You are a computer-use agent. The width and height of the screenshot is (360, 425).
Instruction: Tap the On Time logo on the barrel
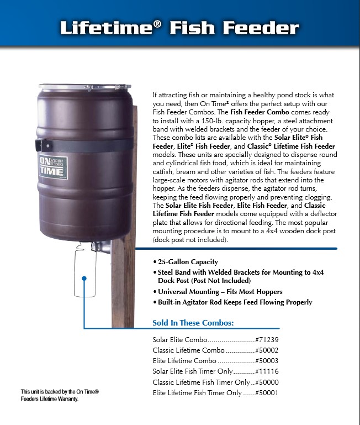pyautogui.click(x=52, y=167)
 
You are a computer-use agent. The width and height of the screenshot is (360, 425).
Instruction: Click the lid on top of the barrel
pyautogui.click(x=84, y=87)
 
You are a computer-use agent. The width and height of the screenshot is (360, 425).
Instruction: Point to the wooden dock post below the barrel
pyautogui.click(x=123, y=287)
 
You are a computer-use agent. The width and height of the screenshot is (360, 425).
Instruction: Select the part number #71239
pyautogui.click(x=267, y=339)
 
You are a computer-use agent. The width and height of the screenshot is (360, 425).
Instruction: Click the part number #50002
pyautogui.click(x=267, y=350)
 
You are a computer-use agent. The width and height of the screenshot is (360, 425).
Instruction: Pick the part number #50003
pyautogui.click(x=267, y=361)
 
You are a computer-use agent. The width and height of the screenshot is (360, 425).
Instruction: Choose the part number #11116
pyautogui.click(x=267, y=371)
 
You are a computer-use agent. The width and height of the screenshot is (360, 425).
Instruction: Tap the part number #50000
pyautogui.click(x=267, y=382)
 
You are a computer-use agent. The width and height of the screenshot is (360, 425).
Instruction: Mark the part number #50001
pyautogui.click(x=267, y=393)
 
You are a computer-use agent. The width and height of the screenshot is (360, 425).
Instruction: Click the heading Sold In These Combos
pyautogui.click(x=193, y=323)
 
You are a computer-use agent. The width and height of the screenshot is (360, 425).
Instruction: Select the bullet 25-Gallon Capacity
pyautogui.click(x=188, y=261)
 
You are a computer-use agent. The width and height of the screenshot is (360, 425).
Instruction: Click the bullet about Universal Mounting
pyautogui.click(x=220, y=291)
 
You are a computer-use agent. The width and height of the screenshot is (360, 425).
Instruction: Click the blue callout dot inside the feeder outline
pyautogui.click(x=84, y=278)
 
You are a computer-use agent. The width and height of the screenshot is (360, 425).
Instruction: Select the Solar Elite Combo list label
pyautogui.click(x=180, y=339)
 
